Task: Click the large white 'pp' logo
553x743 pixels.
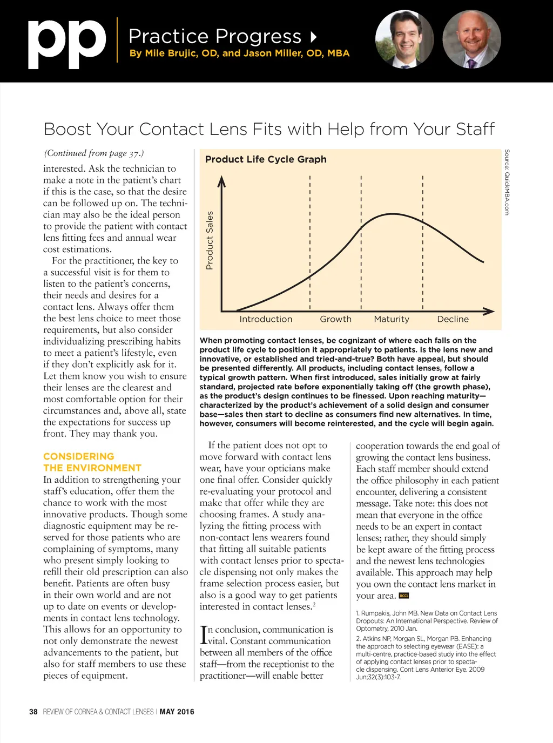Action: pyautogui.click(x=67, y=44)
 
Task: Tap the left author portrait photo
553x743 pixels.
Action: pyautogui.click(x=404, y=39)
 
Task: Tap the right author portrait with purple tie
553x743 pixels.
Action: pyautogui.click(x=471, y=39)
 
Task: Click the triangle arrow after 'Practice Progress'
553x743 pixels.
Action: pyautogui.click(x=314, y=37)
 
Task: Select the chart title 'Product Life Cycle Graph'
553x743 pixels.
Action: pyautogui.click(x=266, y=159)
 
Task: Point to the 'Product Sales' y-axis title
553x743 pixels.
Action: pyautogui.click(x=210, y=240)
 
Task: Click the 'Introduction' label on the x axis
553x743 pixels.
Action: pyautogui.click(x=266, y=319)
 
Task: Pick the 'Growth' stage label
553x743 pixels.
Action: pyautogui.click(x=335, y=319)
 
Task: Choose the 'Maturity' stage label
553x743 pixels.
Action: pyautogui.click(x=392, y=319)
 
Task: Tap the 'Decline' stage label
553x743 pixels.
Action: pyautogui.click(x=453, y=319)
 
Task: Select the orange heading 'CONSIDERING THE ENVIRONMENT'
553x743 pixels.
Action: pyautogui.click(x=92, y=462)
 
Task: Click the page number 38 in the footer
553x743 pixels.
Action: pyautogui.click(x=33, y=712)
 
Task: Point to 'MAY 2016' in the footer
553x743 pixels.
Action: pyautogui.click(x=177, y=712)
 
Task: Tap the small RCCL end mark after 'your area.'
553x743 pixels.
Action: pyautogui.click(x=403, y=596)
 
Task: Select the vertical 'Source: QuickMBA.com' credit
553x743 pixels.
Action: pyautogui.click(x=507, y=182)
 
